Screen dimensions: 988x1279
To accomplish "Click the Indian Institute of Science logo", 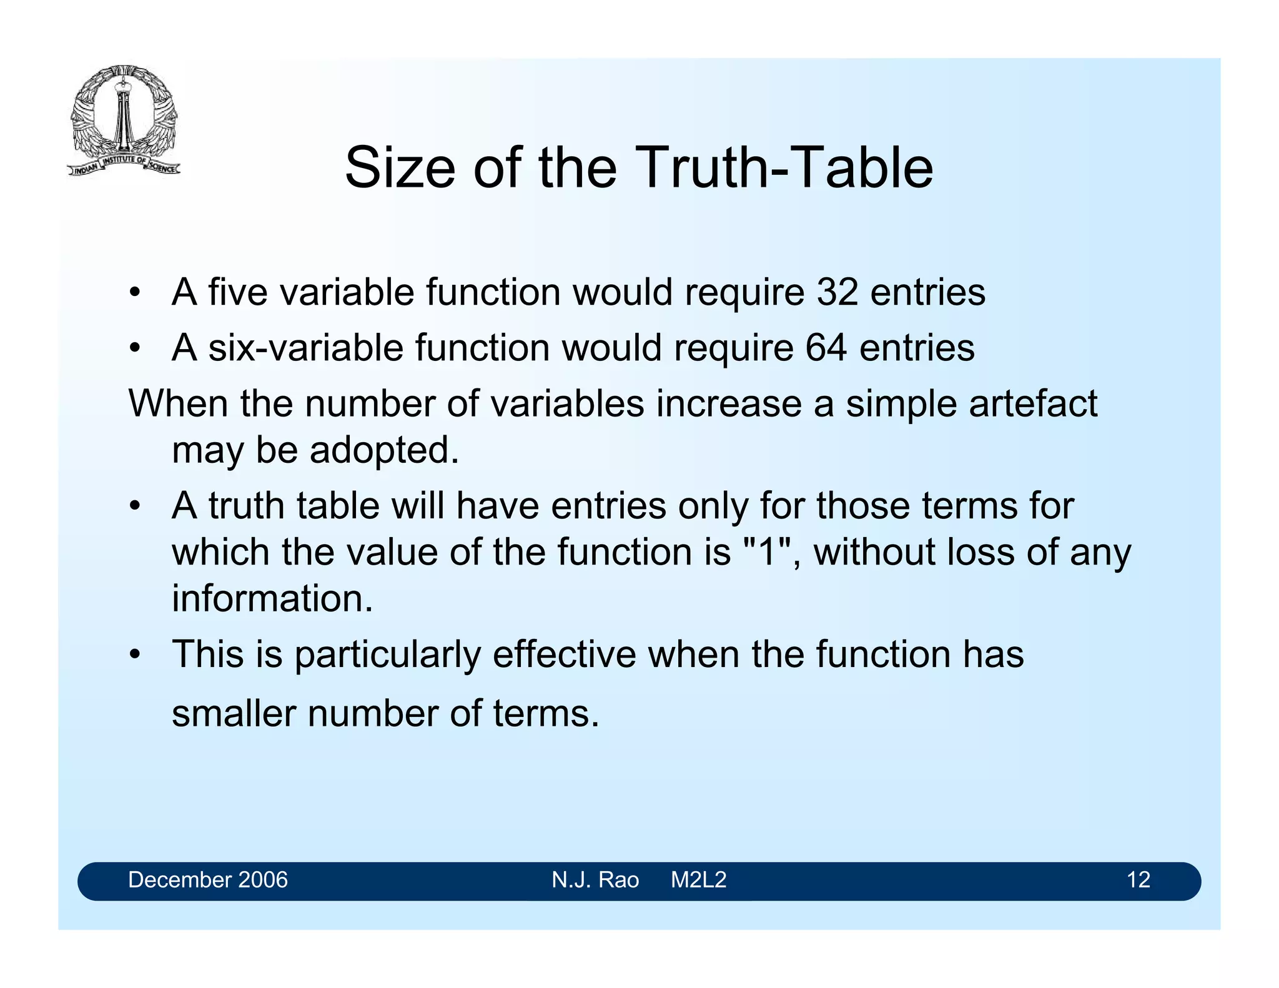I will click(x=124, y=121).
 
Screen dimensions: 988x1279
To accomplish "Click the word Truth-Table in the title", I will click(x=785, y=167).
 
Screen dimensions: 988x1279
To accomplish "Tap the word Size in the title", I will click(x=400, y=167).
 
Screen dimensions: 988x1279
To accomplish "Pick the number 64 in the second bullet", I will click(x=826, y=347).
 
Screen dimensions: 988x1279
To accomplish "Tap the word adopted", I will click(x=384, y=450).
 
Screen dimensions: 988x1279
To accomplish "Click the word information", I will click(x=272, y=598).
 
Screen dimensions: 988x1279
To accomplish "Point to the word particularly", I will click(x=387, y=655).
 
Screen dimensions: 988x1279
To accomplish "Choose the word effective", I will click(x=564, y=655).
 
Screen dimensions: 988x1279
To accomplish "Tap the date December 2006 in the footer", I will click(x=208, y=880).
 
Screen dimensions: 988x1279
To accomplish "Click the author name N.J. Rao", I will click(x=595, y=880).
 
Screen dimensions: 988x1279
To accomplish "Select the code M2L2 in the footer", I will click(x=699, y=880).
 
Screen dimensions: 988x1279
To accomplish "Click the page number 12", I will click(x=1138, y=880).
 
